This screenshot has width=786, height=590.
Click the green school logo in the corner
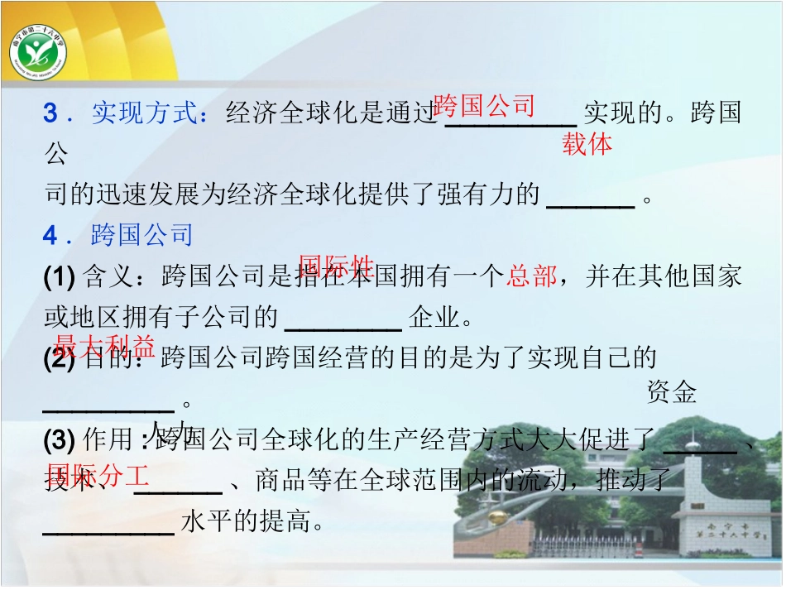point(38,53)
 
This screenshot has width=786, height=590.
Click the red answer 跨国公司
point(484,106)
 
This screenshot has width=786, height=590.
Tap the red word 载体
point(587,144)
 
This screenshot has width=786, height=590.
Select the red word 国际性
point(336,266)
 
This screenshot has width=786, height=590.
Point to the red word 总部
point(532,276)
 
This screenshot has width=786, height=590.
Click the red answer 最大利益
point(104,345)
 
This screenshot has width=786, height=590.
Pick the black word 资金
point(671,393)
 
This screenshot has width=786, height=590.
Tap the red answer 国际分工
point(98,475)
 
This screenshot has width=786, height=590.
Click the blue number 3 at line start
point(50,113)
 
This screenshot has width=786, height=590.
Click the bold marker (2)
point(60,358)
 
